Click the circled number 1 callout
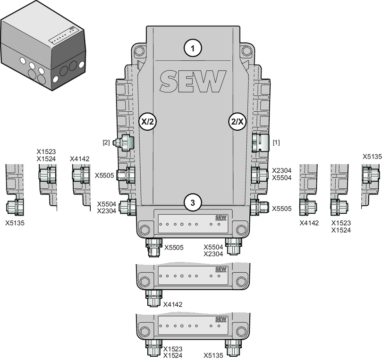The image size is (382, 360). (x=193, y=48)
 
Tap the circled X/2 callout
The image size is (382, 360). (x=148, y=121)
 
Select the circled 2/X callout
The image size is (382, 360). (x=238, y=121)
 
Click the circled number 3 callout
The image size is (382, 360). (x=193, y=202)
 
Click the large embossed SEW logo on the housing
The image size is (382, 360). (x=193, y=81)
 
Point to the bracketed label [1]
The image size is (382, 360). (x=276, y=142)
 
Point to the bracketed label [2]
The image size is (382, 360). (x=106, y=142)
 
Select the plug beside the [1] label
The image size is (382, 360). (x=260, y=142)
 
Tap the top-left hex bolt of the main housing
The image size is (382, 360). (x=140, y=51)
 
